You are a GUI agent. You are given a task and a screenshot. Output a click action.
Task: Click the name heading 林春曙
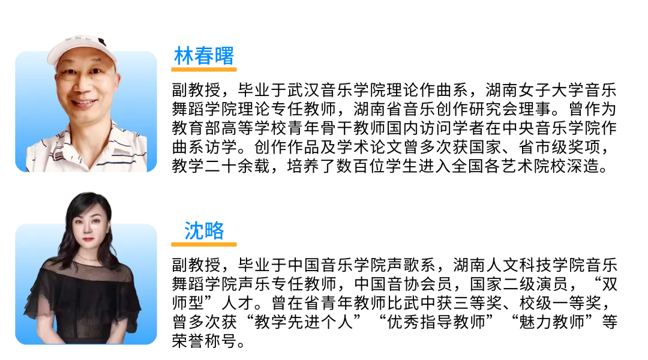coord(204,56)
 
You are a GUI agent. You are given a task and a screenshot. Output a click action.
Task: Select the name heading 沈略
coord(204,230)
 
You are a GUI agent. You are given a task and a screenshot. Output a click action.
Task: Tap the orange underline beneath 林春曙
coord(204,70)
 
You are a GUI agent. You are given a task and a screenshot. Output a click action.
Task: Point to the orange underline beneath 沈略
coord(204,244)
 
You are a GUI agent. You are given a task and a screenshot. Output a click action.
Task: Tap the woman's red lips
coord(88,240)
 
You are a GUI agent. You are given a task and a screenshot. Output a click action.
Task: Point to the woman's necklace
coord(88,259)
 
